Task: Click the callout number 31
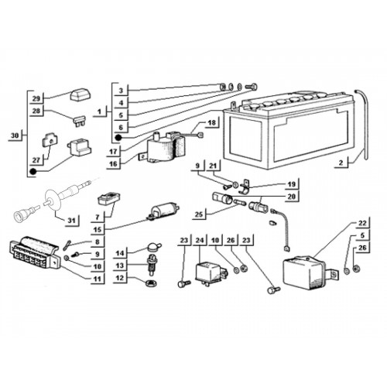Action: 71,221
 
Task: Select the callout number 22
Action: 362,222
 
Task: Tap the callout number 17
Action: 113,151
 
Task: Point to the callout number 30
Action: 15,135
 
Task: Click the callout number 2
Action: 341,163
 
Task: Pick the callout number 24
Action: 200,241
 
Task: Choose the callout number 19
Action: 291,184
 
